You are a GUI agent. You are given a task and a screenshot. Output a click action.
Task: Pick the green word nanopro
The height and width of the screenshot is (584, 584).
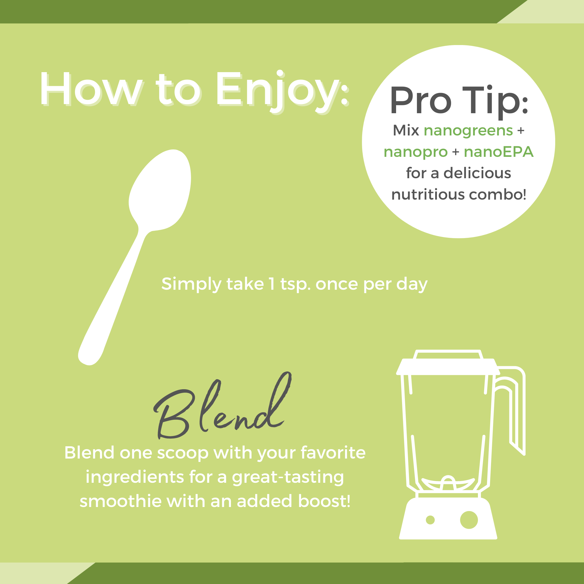[416, 152]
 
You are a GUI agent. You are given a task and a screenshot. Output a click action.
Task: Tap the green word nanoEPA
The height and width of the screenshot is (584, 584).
[499, 152]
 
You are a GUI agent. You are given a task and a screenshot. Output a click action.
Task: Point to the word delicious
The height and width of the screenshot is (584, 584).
[477, 173]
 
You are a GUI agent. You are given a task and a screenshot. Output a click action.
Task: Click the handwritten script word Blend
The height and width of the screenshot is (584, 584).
[222, 405]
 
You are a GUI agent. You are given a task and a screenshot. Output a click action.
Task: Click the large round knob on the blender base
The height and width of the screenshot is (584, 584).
[469, 520]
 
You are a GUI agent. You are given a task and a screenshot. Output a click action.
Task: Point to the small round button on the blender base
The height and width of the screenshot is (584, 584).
[430, 520]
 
